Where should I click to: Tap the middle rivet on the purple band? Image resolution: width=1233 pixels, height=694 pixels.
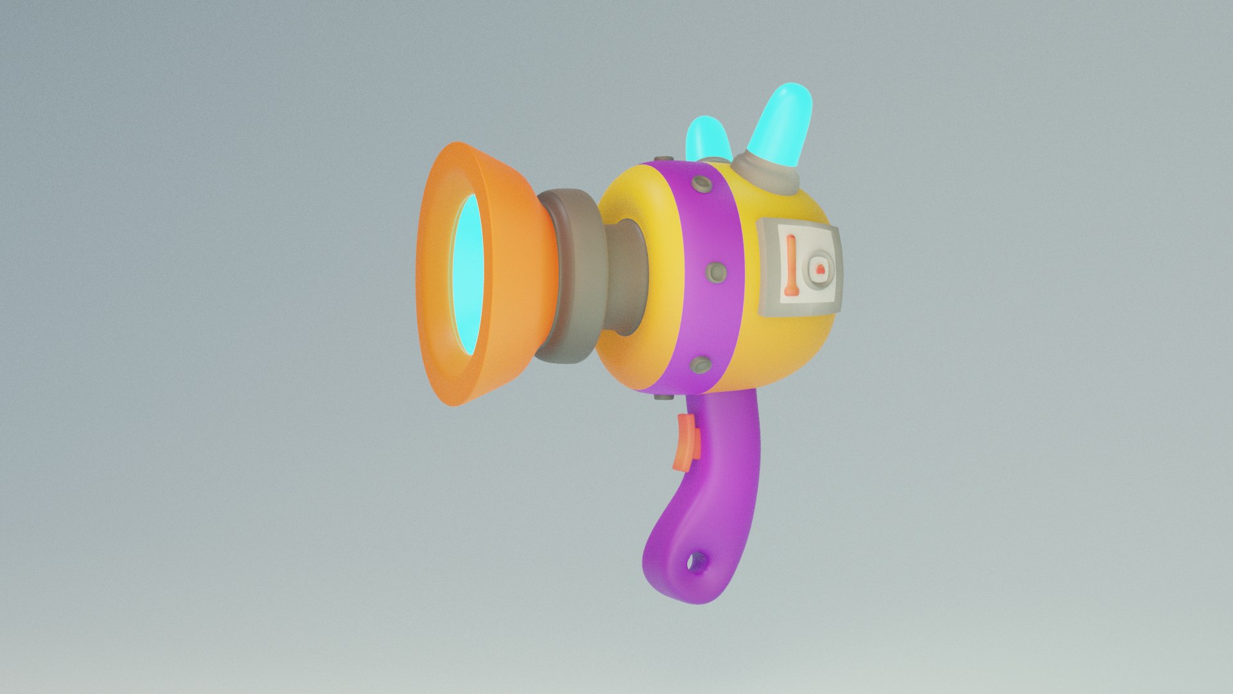click(x=715, y=273)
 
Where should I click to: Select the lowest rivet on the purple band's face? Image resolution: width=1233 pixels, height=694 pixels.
click(x=701, y=366)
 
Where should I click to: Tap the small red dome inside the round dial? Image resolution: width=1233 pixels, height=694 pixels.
click(x=820, y=269)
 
